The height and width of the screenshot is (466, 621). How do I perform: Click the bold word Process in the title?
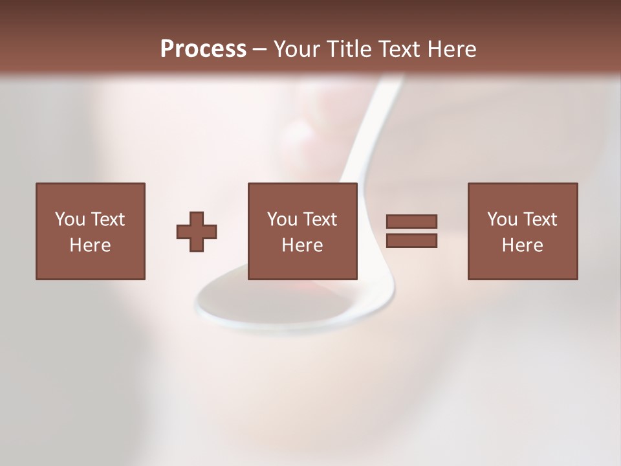click(x=203, y=49)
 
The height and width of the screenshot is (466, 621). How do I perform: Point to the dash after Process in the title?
click(x=260, y=50)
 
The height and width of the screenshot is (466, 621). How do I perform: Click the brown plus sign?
click(x=197, y=231)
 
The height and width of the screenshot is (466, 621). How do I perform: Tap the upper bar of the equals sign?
click(x=411, y=221)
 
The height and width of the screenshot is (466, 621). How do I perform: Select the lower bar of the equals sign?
click(x=411, y=240)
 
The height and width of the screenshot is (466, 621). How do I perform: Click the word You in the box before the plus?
click(x=70, y=219)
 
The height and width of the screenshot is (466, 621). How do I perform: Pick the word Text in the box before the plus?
click(x=107, y=219)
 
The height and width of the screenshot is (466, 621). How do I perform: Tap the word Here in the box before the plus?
click(x=90, y=245)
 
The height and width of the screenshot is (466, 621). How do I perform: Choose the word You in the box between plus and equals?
click(x=282, y=219)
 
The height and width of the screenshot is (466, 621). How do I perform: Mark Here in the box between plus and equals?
click(x=302, y=245)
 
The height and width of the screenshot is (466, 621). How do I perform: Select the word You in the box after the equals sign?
click(x=502, y=219)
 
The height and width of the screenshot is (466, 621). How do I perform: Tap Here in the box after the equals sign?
click(x=522, y=245)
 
